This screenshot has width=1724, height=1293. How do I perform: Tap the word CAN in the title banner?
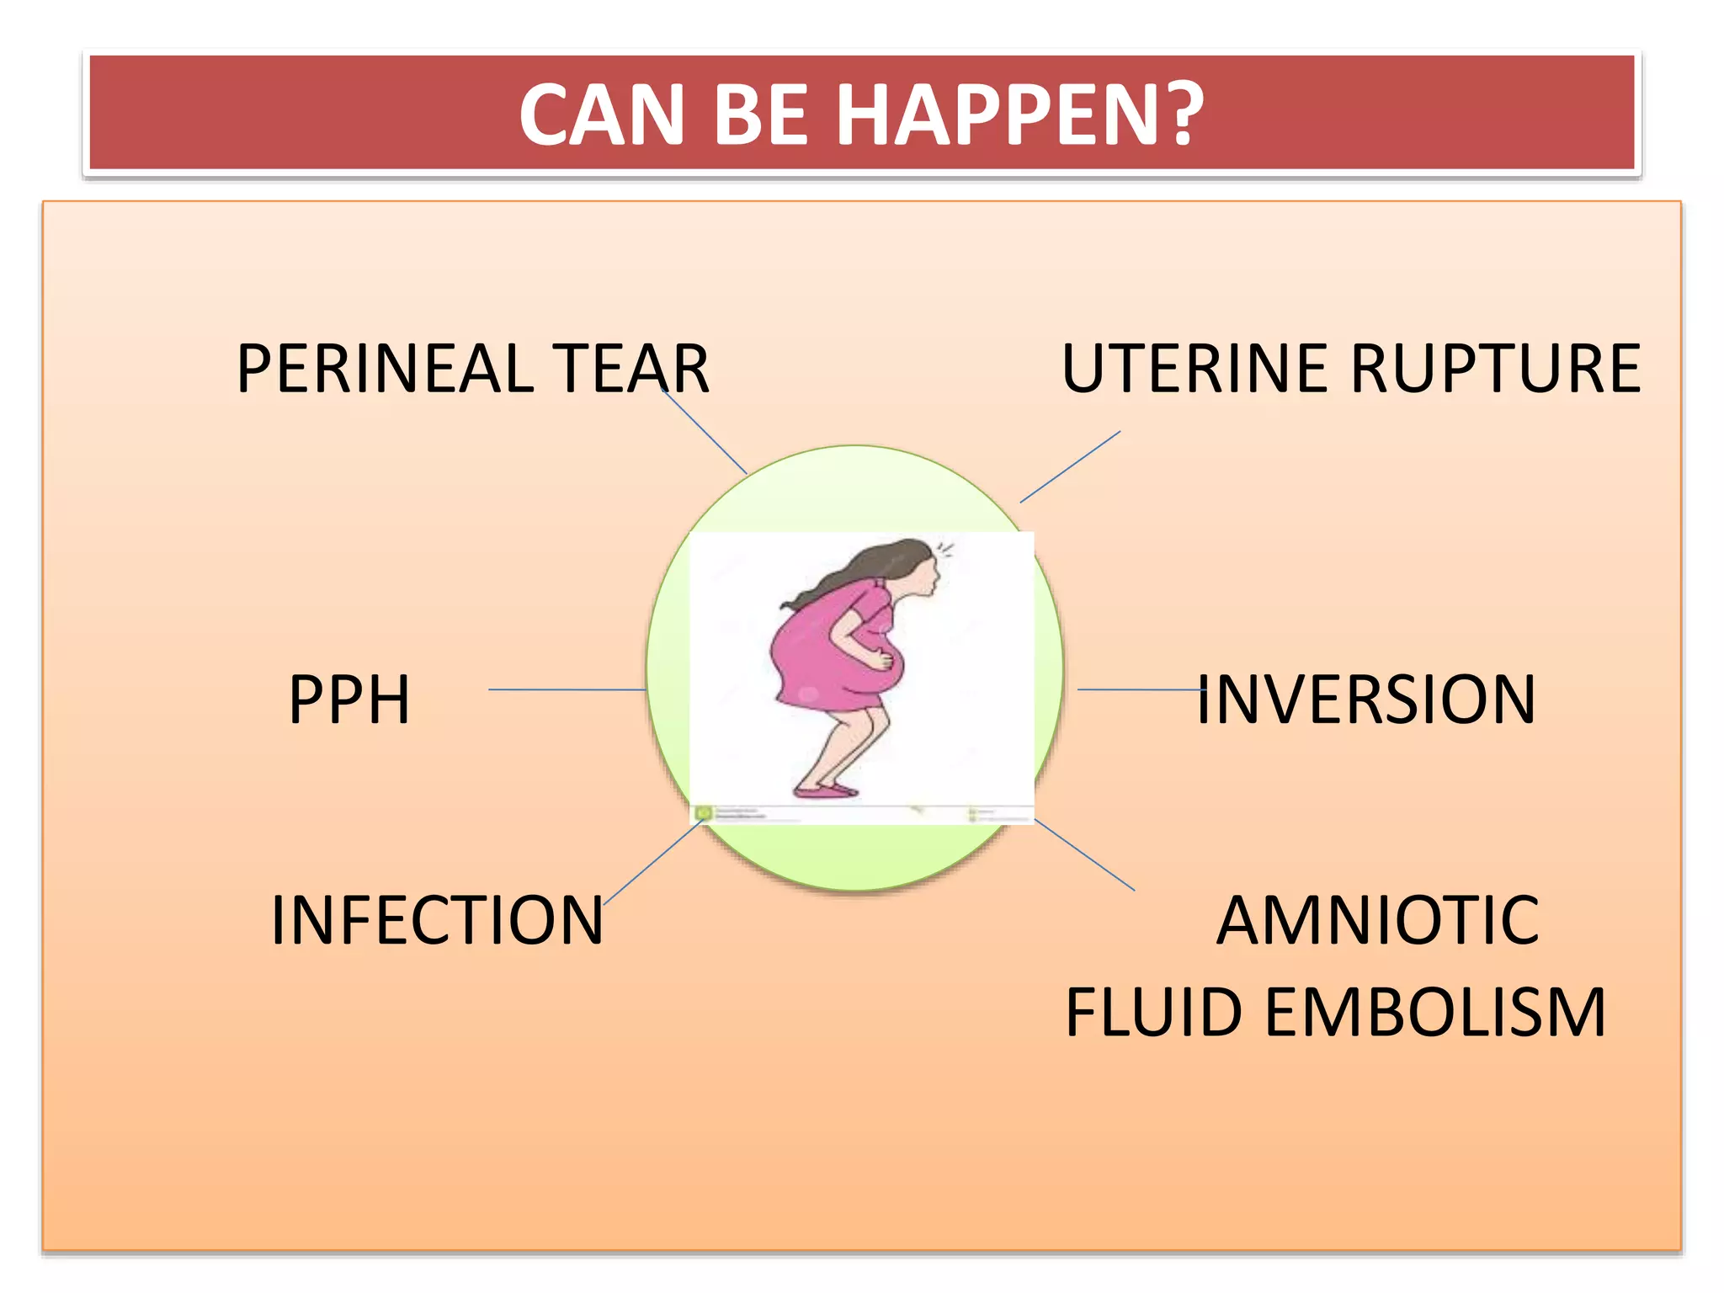[601, 115]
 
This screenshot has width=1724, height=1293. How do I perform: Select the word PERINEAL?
[385, 369]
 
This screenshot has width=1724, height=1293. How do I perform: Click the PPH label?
[349, 700]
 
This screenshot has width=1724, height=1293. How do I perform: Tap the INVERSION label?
[1365, 700]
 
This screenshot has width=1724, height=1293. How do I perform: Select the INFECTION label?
[437, 920]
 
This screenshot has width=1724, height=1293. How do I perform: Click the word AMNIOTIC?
[1378, 920]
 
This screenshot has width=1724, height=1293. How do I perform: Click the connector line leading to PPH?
[566, 689]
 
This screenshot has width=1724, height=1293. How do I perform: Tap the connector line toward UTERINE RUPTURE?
[1070, 467]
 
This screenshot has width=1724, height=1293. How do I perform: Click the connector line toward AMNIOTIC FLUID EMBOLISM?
[1085, 854]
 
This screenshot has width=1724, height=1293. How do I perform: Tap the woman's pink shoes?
[825, 790]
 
